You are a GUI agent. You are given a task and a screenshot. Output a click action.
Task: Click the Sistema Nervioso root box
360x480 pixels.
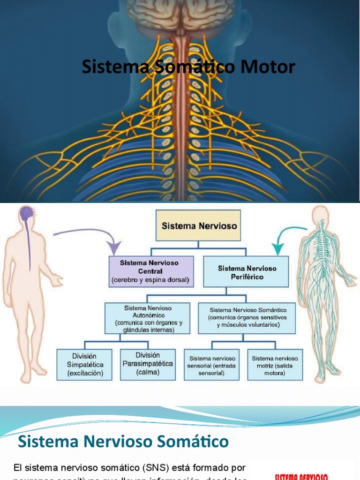tap(199, 225)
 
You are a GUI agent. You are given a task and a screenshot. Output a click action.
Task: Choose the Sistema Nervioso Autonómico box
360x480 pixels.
tap(148, 318)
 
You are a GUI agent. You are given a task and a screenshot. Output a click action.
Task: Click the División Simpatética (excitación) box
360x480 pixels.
tap(84, 364)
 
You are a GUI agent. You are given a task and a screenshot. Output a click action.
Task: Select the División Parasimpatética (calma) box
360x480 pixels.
tap(148, 364)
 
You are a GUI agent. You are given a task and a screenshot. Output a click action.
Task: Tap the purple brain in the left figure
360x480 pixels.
tap(26, 214)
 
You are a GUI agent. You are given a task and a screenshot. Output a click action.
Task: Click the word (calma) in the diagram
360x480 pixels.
tap(148, 372)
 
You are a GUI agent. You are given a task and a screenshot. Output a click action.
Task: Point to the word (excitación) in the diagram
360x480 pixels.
tap(84, 373)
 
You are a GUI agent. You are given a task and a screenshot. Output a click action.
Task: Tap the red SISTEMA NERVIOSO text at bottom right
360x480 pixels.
tap(301, 477)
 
